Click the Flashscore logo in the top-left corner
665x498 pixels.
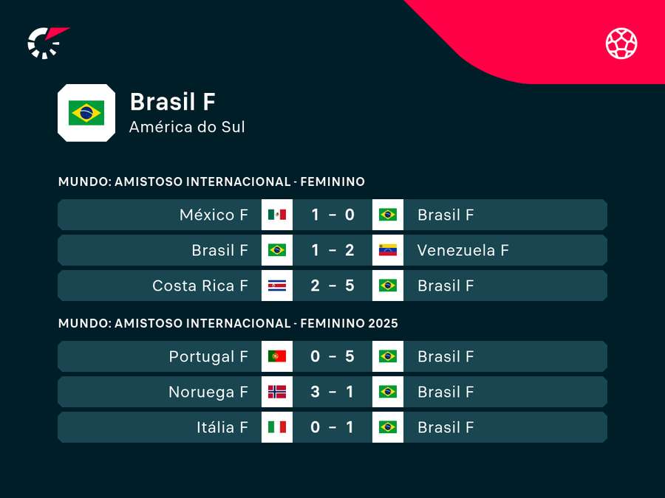pyautogui.click(x=46, y=42)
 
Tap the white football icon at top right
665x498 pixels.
pyautogui.click(x=621, y=43)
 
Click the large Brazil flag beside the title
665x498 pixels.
pyautogui.click(x=86, y=113)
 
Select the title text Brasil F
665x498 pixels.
pyautogui.click(x=172, y=102)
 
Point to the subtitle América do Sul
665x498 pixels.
pyautogui.click(x=187, y=127)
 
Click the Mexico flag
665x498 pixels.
pyautogui.click(x=277, y=215)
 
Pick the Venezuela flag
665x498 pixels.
pyautogui.click(x=388, y=250)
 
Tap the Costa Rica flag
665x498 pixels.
pyautogui.click(x=277, y=286)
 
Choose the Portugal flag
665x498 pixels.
pyautogui.click(x=277, y=356)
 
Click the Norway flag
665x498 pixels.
pyautogui.click(x=277, y=392)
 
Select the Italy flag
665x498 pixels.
pyautogui.click(x=277, y=427)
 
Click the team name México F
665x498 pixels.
pyautogui.click(x=214, y=215)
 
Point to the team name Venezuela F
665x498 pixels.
pyautogui.click(x=463, y=250)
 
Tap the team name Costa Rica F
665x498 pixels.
pyautogui.click(x=200, y=286)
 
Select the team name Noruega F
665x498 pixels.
pyautogui.click(x=208, y=392)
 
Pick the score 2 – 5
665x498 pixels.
pyautogui.click(x=332, y=286)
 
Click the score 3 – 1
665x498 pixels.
pyautogui.click(x=332, y=392)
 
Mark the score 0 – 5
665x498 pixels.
pyautogui.click(x=332, y=356)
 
